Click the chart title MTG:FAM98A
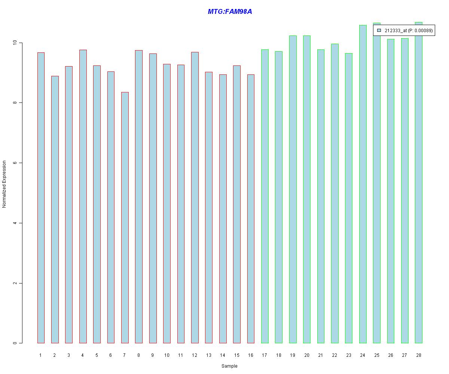click(230, 12)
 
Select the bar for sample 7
click(125, 217)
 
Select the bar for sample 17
click(265, 196)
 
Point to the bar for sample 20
click(307, 189)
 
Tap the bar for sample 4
click(83, 196)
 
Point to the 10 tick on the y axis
click(21, 43)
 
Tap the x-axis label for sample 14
click(223, 355)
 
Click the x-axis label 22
click(335, 355)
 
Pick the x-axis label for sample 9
click(153, 355)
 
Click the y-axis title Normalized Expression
click(4, 184)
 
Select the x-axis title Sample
click(229, 366)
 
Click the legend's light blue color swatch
click(379, 30)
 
